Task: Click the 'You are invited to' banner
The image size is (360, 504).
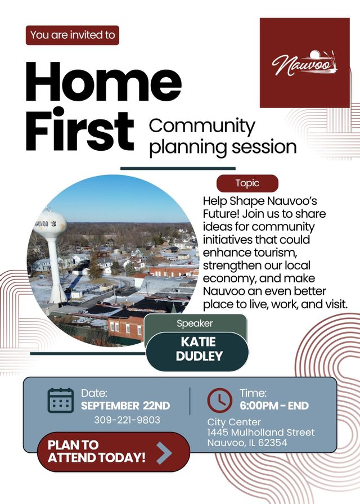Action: coord(73,35)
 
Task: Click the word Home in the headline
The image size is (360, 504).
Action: coord(103,82)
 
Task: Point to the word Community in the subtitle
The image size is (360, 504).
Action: coord(202,127)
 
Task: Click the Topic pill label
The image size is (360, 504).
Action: coord(247,183)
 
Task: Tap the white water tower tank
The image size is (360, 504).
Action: coord(50,224)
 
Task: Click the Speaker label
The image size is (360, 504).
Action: coord(195,323)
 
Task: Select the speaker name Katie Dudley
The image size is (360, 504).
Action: coord(199,349)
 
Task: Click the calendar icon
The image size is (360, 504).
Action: coord(60,400)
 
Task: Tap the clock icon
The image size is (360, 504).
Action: coord(219,400)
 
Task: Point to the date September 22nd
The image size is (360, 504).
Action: coord(125,406)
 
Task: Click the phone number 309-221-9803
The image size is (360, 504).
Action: coord(127,420)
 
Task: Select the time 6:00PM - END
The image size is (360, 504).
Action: coord(274,406)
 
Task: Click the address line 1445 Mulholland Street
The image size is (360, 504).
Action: coord(260,433)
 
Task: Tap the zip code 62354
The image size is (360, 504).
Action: coord(273,443)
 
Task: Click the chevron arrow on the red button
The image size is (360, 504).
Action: coord(165,452)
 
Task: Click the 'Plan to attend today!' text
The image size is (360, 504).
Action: coord(96,451)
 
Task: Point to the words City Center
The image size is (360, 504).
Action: coord(234,422)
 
